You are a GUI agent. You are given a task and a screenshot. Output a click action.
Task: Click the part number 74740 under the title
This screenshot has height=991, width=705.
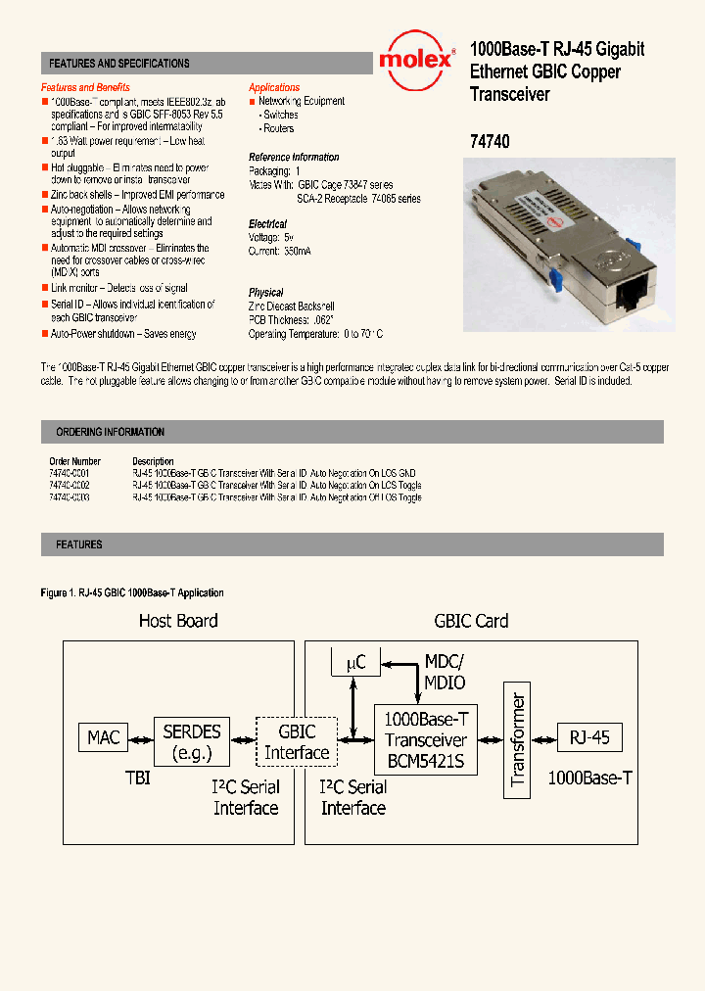click(490, 141)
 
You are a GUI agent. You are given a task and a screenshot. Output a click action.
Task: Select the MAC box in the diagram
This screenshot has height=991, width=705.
click(104, 736)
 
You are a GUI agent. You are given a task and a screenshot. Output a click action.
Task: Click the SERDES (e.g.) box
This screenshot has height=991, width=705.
click(191, 740)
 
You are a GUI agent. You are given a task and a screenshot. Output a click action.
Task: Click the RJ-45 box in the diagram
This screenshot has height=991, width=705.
click(589, 736)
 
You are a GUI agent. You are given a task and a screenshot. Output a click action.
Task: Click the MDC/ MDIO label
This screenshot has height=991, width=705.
click(444, 672)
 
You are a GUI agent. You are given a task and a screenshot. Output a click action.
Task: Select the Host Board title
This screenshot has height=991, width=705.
click(178, 620)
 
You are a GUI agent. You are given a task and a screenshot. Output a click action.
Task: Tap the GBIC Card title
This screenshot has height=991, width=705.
click(471, 620)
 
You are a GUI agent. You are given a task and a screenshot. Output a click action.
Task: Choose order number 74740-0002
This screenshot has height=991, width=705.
click(70, 485)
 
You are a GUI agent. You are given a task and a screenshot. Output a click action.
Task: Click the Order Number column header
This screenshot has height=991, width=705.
click(74, 460)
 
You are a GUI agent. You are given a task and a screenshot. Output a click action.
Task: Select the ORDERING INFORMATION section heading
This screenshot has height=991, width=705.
click(110, 432)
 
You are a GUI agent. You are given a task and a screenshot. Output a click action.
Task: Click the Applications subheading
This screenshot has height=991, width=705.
click(274, 87)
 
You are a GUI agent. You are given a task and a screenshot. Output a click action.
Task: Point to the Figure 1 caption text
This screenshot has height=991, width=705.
click(132, 592)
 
